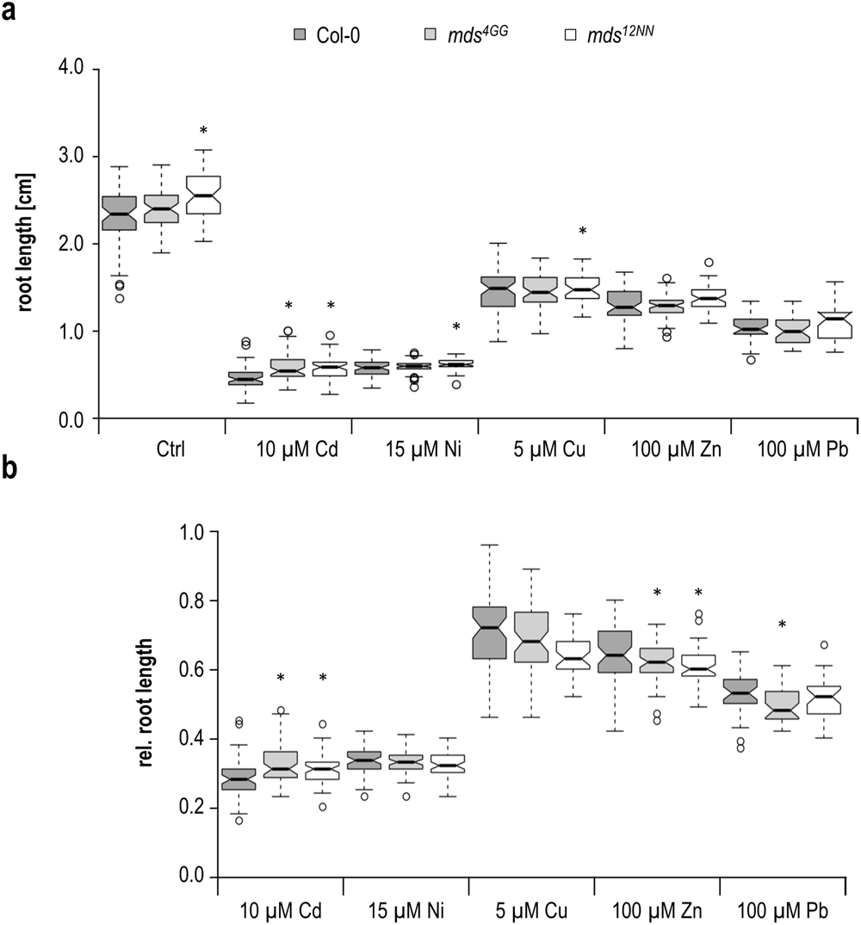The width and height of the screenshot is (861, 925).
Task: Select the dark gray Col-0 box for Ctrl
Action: click(x=119, y=213)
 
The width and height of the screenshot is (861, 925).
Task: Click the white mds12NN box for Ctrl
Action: click(x=203, y=196)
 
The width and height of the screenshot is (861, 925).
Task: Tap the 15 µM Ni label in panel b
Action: click(x=406, y=909)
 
